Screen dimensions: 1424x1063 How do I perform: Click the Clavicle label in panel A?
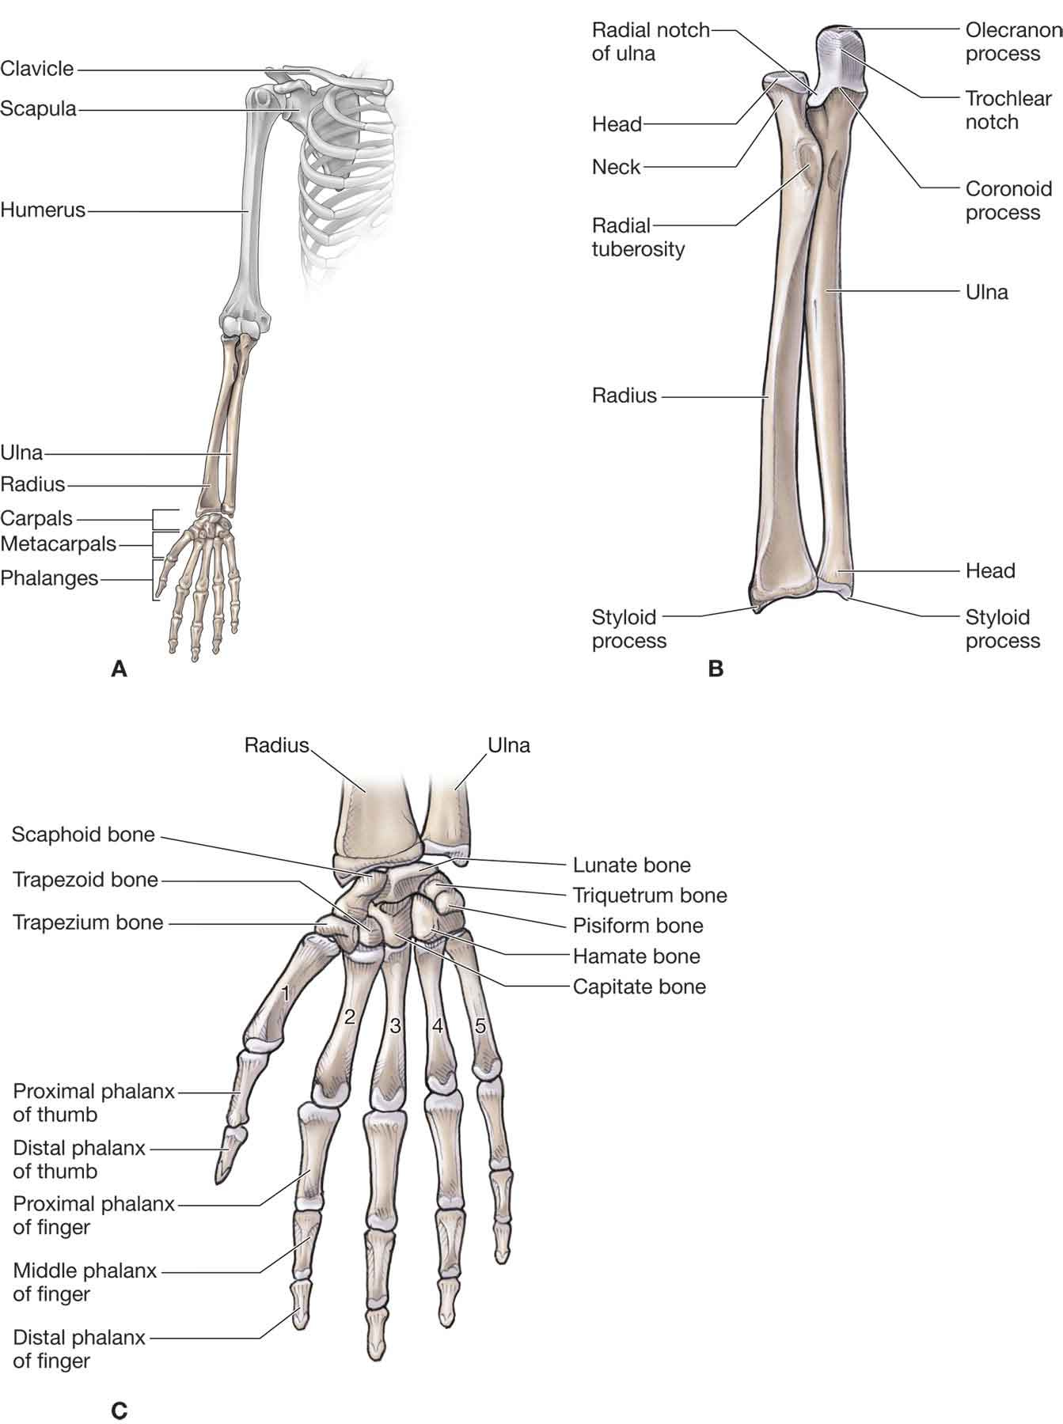pyautogui.click(x=37, y=69)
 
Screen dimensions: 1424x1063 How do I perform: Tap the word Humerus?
pyautogui.click(x=43, y=210)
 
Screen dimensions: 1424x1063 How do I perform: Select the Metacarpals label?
pyautogui.click(x=59, y=544)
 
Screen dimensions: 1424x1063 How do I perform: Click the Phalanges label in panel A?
pyautogui.click(x=49, y=578)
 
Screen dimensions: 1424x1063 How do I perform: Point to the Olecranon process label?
pyautogui.click(x=1012, y=42)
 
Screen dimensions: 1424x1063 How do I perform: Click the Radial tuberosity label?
pyautogui.click(x=638, y=237)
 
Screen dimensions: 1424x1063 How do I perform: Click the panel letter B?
pyautogui.click(x=716, y=669)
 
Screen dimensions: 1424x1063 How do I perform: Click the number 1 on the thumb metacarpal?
pyautogui.click(x=286, y=993)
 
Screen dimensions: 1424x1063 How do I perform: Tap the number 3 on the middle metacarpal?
pyautogui.click(x=396, y=1027)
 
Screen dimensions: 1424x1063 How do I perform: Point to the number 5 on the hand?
pyautogui.click(x=480, y=1026)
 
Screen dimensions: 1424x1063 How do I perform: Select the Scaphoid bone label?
pyautogui.click(x=83, y=835)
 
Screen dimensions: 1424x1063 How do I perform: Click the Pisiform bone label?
pyautogui.click(x=638, y=926)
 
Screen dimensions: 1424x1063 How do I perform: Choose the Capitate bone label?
pyautogui.click(x=639, y=987)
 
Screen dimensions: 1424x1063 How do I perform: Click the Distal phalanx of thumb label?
pyautogui.click(x=79, y=1159)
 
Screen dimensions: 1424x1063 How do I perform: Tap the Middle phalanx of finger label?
pyautogui.click(x=85, y=1282)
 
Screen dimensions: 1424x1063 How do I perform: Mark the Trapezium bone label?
pyautogui.click(x=88, y=922)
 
